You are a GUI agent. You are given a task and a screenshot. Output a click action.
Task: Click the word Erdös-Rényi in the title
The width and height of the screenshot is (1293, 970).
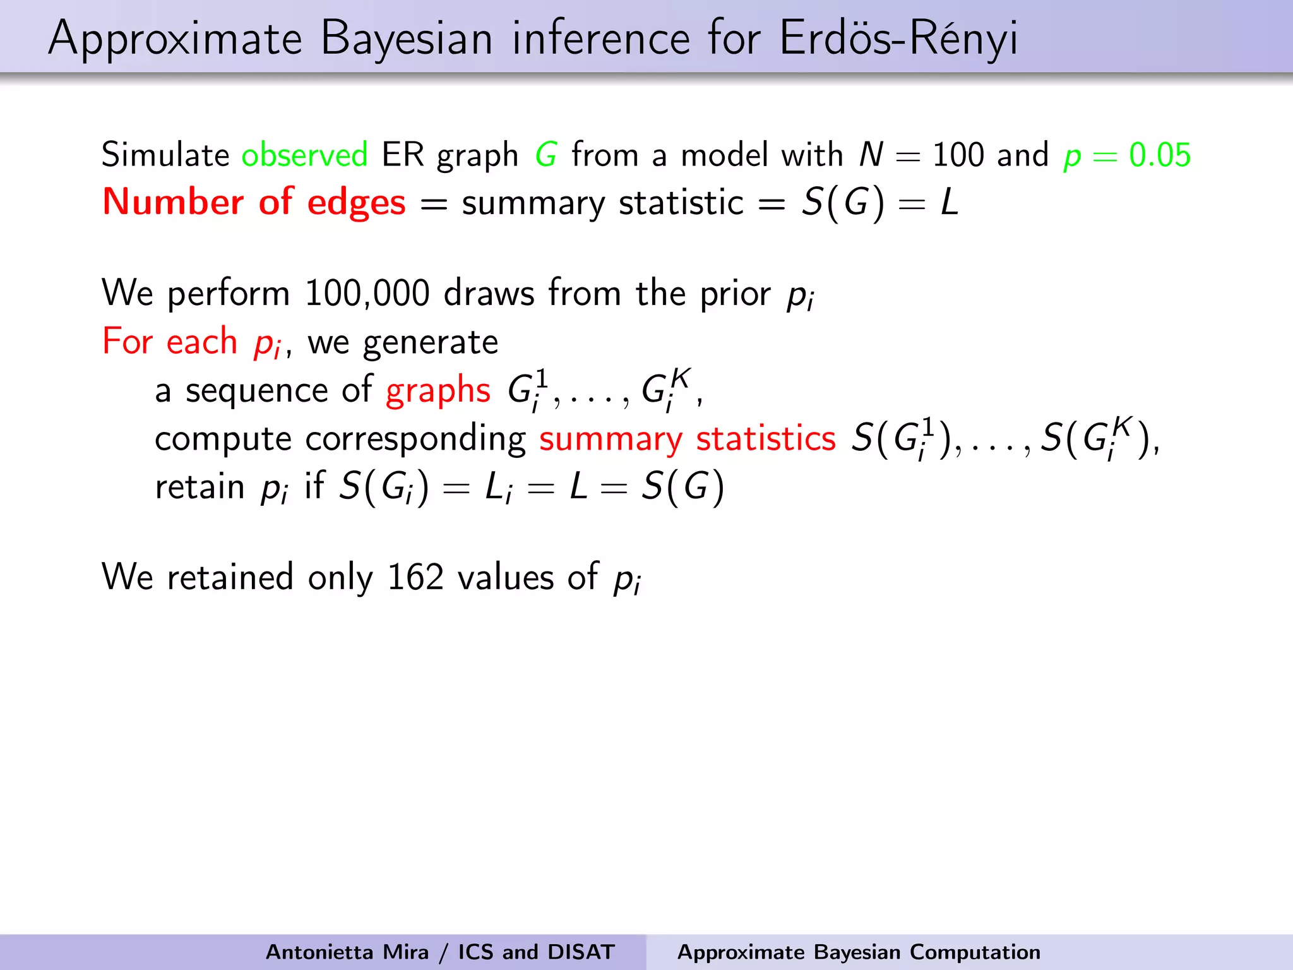(x=898, y=38)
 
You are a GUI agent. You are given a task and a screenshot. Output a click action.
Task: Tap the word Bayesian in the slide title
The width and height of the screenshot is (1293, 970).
(x=406, y=38)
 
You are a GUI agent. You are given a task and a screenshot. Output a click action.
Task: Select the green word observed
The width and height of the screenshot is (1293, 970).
(x=304, y=155)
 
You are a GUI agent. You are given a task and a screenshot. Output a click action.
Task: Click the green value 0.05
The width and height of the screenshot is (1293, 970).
(x=1160, y=155)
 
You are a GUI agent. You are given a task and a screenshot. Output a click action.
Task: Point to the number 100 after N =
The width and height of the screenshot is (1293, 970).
(x=958, y=155)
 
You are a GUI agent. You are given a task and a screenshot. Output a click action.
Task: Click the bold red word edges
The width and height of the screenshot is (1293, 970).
(x=356, y=203)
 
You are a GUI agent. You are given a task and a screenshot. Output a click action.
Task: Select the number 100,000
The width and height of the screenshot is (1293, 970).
(x=367, y=293)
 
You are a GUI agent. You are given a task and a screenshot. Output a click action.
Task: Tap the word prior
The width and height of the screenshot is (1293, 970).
(x=735, y=293)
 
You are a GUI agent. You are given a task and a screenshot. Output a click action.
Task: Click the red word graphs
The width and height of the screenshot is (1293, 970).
(x=438, y=390)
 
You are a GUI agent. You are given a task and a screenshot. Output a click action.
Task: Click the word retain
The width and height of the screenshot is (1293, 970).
(x=200, y=487)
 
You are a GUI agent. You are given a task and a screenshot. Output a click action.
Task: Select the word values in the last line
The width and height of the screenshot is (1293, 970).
(x=505, y=577)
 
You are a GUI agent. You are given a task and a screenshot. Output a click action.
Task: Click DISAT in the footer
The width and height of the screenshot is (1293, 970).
(x=581, y=952)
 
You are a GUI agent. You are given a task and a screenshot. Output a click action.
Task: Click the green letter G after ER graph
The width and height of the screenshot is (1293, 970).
(x=546, y=155)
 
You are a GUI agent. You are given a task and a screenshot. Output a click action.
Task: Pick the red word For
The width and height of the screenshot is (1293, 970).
(x=128, y=342)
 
